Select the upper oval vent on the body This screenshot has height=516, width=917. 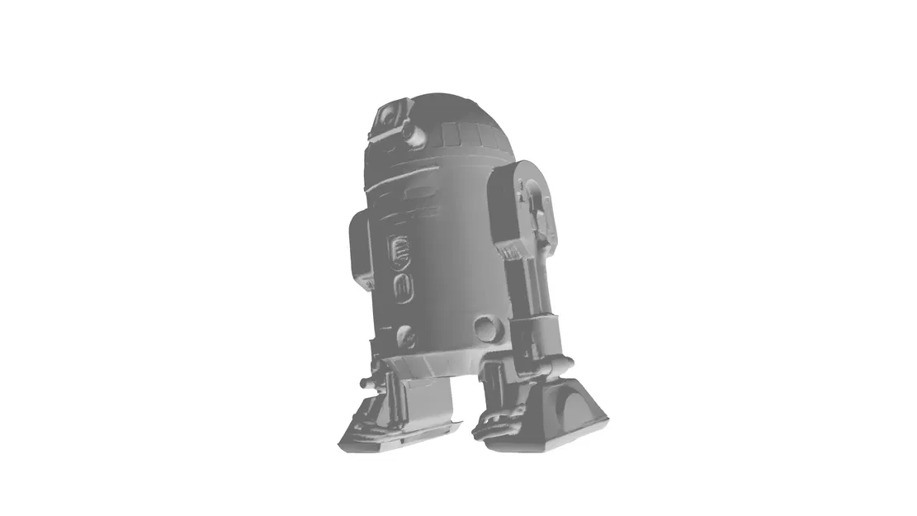tap(400, 248)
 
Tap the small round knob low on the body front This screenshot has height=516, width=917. tap(405, 336)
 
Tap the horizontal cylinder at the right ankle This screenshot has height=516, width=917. tap(546, 364)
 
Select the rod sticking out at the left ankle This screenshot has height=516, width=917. tap(366, 381)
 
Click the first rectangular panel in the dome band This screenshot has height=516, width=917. tap(451, 133)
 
